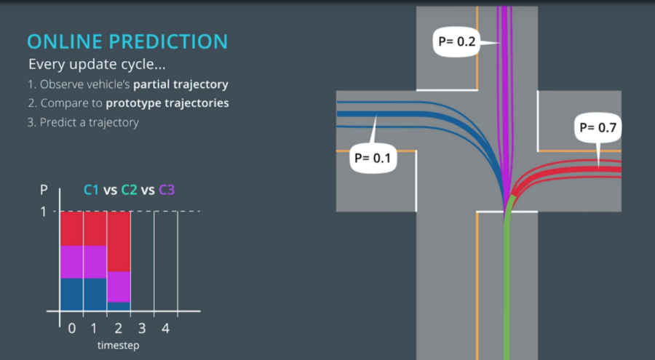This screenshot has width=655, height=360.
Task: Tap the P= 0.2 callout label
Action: (456, 41)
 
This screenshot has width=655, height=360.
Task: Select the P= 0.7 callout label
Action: (598, 128)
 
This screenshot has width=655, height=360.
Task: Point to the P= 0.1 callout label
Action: (372, 156)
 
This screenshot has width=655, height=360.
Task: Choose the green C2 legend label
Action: (129, 190)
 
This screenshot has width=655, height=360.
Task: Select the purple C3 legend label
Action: (166, 190)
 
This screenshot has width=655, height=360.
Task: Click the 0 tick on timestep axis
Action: (71, 328)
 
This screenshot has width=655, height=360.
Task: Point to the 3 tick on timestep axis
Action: (142, 328)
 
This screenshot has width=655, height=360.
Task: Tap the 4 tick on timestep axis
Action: (165, 328)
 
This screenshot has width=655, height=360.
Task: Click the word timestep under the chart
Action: (118, 345)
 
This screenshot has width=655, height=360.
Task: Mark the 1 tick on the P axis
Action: (43, 212)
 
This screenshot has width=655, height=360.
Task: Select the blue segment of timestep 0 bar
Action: (71, 295)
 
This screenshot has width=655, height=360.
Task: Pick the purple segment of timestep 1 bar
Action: (95, 262)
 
